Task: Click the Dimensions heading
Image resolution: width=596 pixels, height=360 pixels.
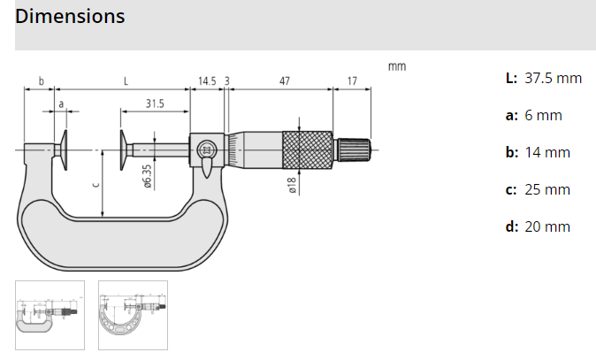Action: click(x=70, y=17)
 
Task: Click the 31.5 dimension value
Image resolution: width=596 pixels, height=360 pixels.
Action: click(x=155, y=103)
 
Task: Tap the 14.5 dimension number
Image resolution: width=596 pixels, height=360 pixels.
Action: click(x=206, y=80)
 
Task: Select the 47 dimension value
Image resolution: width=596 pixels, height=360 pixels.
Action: click(x=284, y=80)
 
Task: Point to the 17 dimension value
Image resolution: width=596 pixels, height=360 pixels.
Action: click(x=352, y=80)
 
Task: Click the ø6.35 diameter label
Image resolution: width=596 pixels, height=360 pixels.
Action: click(x=147, y=175)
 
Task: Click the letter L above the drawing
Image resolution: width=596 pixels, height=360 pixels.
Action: click(x=126, y=80)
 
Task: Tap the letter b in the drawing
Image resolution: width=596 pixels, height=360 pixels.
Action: click(x=41, y=80)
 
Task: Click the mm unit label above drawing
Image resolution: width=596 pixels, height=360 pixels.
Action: click(x=396, y=66)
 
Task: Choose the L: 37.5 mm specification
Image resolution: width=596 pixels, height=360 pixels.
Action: click(x=543, y=78)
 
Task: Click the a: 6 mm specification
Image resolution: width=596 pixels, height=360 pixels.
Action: click(x=533, y=115)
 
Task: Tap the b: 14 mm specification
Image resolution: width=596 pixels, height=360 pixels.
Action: click(x=538, y=152)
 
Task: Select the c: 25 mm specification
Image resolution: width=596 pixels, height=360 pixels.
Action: click(x=538, y=189)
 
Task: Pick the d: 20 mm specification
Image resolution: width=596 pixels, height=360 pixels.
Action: click(x=538, y=226)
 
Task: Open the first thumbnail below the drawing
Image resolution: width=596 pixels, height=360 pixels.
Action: click(x=50, y=315)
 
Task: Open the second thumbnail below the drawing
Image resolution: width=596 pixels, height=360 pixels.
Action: click(x=133, y=315)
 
